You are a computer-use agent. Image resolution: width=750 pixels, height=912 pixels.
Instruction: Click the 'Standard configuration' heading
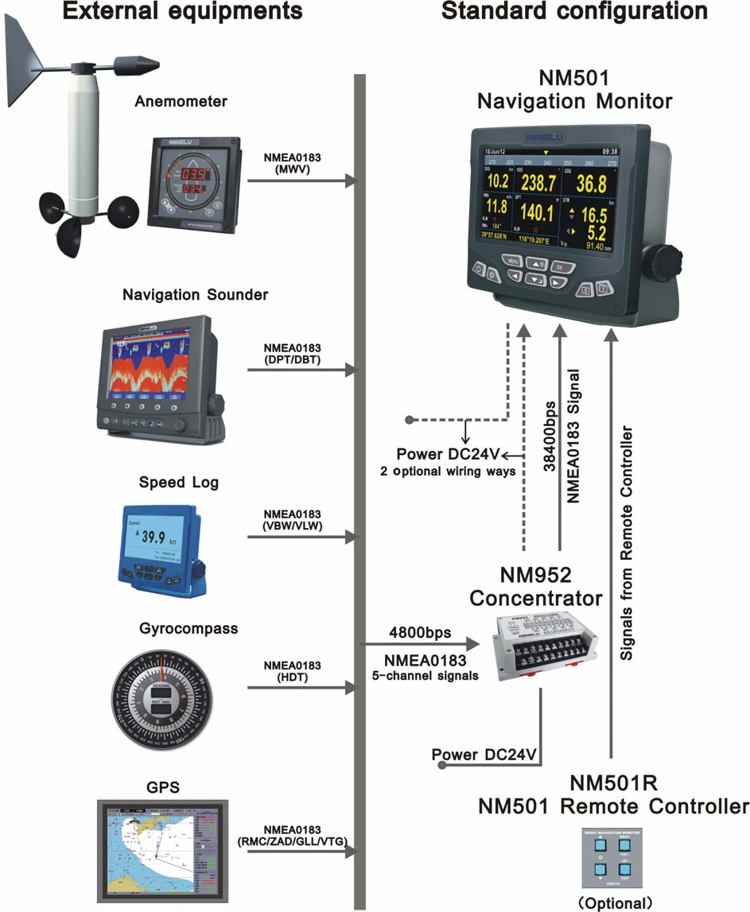pyautogui.click(x=574, y=12)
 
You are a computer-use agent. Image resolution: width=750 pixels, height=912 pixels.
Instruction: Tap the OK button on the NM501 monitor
pyautogui.click(x=562, y=266)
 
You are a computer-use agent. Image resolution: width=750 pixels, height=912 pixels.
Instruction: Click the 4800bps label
pyautogui.click(x=420, y=634)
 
